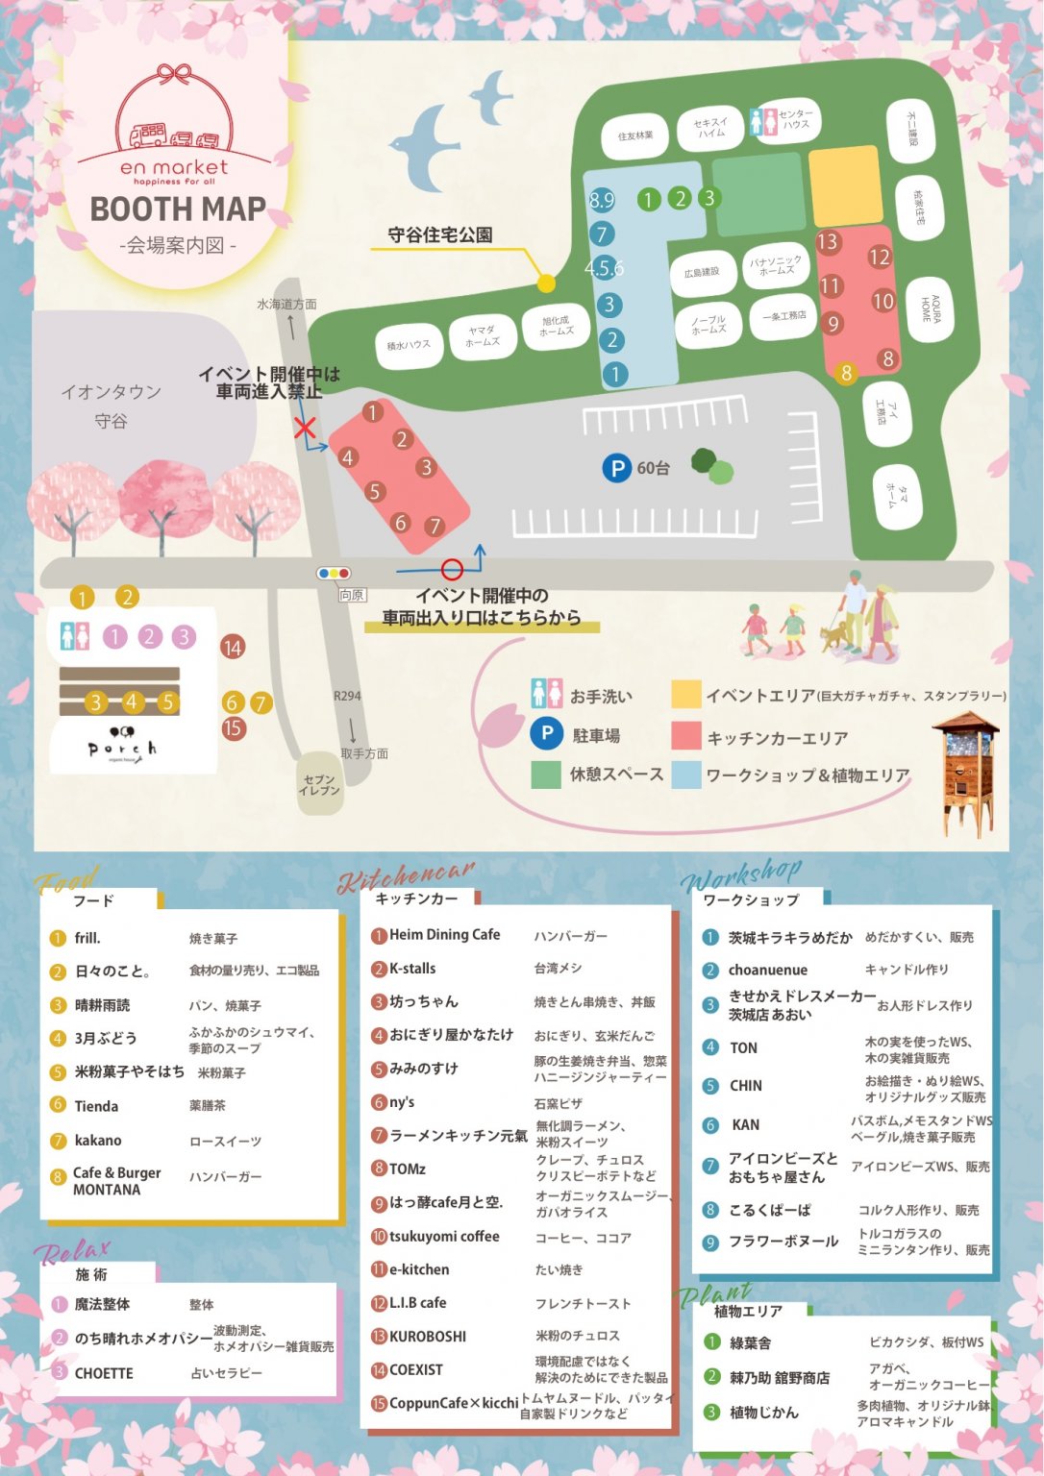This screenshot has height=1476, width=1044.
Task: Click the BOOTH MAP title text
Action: click(x=178, y=209)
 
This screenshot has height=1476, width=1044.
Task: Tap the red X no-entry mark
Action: click(x=305, y=427)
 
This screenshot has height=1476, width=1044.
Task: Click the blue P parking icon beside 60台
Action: click(x=615, y=468)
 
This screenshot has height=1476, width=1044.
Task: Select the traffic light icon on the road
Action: click(x=334, y=574)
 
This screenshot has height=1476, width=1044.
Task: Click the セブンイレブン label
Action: click(x=319, y=785)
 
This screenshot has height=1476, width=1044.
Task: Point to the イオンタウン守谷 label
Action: click(x=111, y=406)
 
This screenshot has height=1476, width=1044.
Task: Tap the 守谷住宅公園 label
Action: click(x=440, y=234)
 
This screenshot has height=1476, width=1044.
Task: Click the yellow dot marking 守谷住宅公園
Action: click(x=546, y=283)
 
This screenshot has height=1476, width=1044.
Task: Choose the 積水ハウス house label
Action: click(x=409, y=345)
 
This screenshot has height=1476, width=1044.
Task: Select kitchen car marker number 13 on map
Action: click(x=828, y=242)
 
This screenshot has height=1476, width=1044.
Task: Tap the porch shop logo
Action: click(x=121, y=744)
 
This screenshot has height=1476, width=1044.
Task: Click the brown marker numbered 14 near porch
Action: click(x=232, y=647)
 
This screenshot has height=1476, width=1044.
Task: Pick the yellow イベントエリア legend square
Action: click(x=685, y=695)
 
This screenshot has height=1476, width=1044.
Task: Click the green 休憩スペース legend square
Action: click(x=546, y=775)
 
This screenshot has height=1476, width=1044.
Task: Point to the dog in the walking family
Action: click(x=833, y=635)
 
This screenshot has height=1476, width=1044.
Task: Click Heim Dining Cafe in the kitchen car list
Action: click(x=444, y=935)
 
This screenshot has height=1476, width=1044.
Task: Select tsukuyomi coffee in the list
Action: click(x=444, y=1237)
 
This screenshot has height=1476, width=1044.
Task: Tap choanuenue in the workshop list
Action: click(x=767, y=971)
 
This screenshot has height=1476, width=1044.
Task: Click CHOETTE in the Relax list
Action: click(x=104, y=1373)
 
